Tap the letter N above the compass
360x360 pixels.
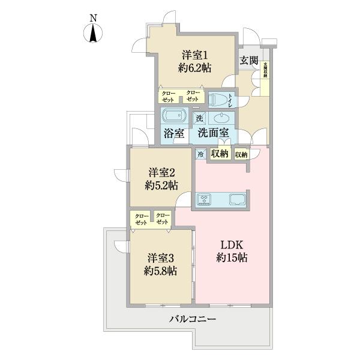point(94,18)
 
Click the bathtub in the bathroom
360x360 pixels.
point(175,116)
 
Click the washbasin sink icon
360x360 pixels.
point(223,117)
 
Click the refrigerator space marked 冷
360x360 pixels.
point(200,154)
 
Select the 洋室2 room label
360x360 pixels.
point(161,172)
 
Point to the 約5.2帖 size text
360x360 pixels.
point(161,185)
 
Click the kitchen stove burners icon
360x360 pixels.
point(204,199)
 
